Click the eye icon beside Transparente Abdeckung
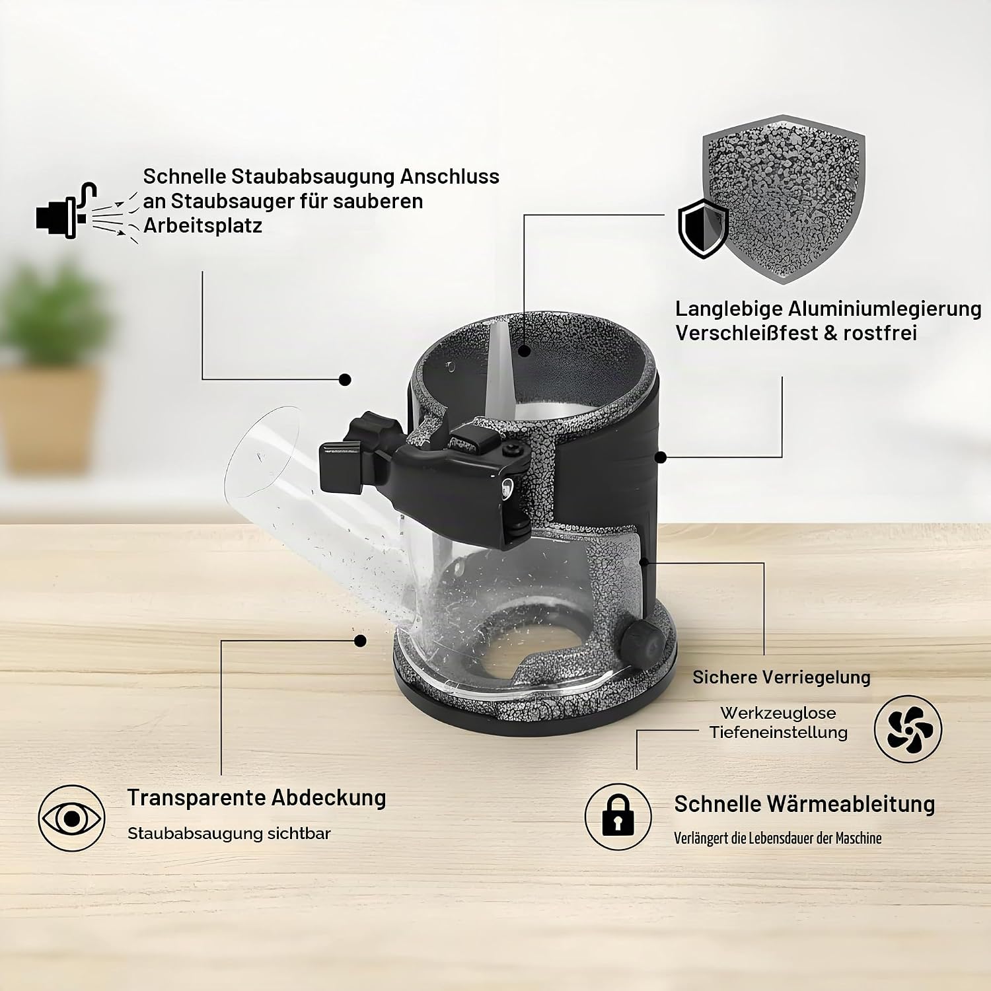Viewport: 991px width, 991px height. click(x=71, y=819)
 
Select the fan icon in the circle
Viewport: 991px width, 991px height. click(x=908, y=730)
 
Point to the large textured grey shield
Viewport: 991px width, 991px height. click(x=783, y=198)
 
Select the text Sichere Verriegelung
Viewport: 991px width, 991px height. click(x=782, y=677)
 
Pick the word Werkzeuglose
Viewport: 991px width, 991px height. click(x=778, y=713)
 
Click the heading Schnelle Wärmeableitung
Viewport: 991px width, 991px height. click(x=805, y=804)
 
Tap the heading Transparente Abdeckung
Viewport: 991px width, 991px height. click(x=256, y=797)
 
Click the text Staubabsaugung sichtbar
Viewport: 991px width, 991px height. click(x=229, y=833)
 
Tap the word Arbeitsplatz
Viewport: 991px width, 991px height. click(x=203, y=226)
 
